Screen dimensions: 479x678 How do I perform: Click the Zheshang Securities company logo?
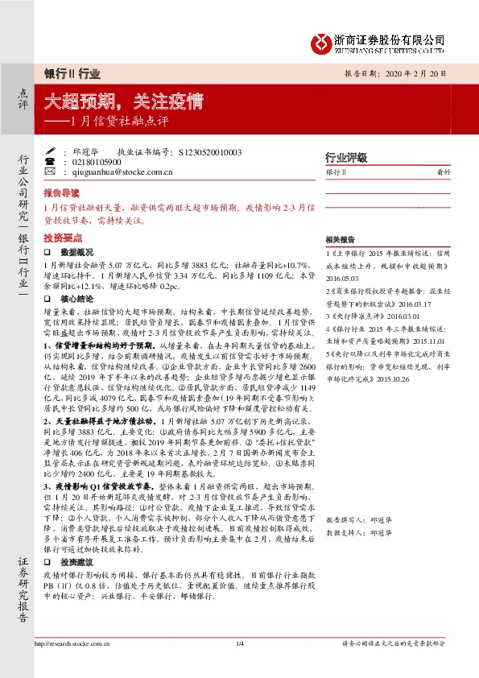point(321,41)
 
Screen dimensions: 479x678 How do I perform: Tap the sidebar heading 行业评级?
point(345,156)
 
